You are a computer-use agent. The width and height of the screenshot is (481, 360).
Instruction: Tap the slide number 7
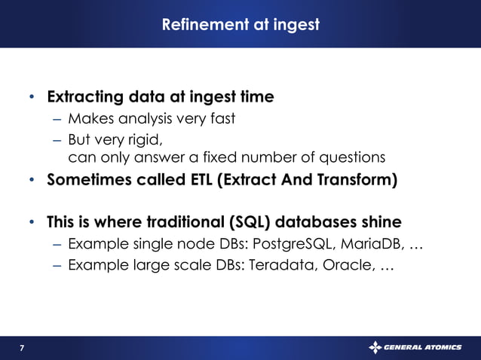tap(21, 348)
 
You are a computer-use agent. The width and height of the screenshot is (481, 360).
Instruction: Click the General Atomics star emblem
tap(375, 347)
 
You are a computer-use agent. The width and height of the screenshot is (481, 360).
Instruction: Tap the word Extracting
tap(82, 97)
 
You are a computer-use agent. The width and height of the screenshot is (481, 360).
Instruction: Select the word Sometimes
tap(85, 182)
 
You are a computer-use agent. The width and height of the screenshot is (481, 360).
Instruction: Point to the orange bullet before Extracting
tap(31, 98)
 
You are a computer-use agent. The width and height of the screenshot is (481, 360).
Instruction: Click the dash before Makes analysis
tap(58, 119)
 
